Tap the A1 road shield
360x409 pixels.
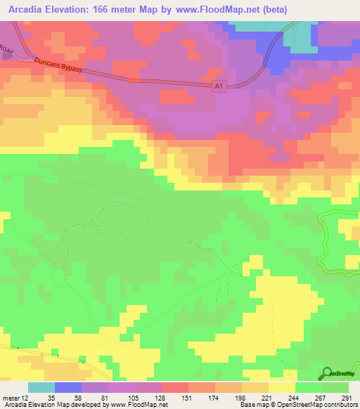[219, 86]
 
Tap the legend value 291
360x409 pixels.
[345, 397]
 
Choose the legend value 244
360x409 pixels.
[292, 397]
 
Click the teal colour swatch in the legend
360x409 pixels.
[41, 387]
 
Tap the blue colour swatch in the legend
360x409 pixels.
[68, 387]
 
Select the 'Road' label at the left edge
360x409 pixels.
[6, 51]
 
